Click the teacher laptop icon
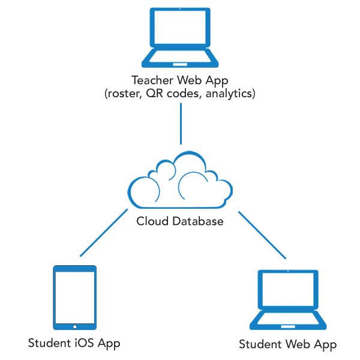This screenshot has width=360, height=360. pos(180,38)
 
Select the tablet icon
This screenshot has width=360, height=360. pos(74,298)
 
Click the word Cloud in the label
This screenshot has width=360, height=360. pos(152,221)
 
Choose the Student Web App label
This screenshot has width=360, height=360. pos(287,344)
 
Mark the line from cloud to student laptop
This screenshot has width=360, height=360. pos(262,235)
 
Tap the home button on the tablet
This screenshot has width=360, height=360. pos(74,326)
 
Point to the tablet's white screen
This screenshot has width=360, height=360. pos(74,297)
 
